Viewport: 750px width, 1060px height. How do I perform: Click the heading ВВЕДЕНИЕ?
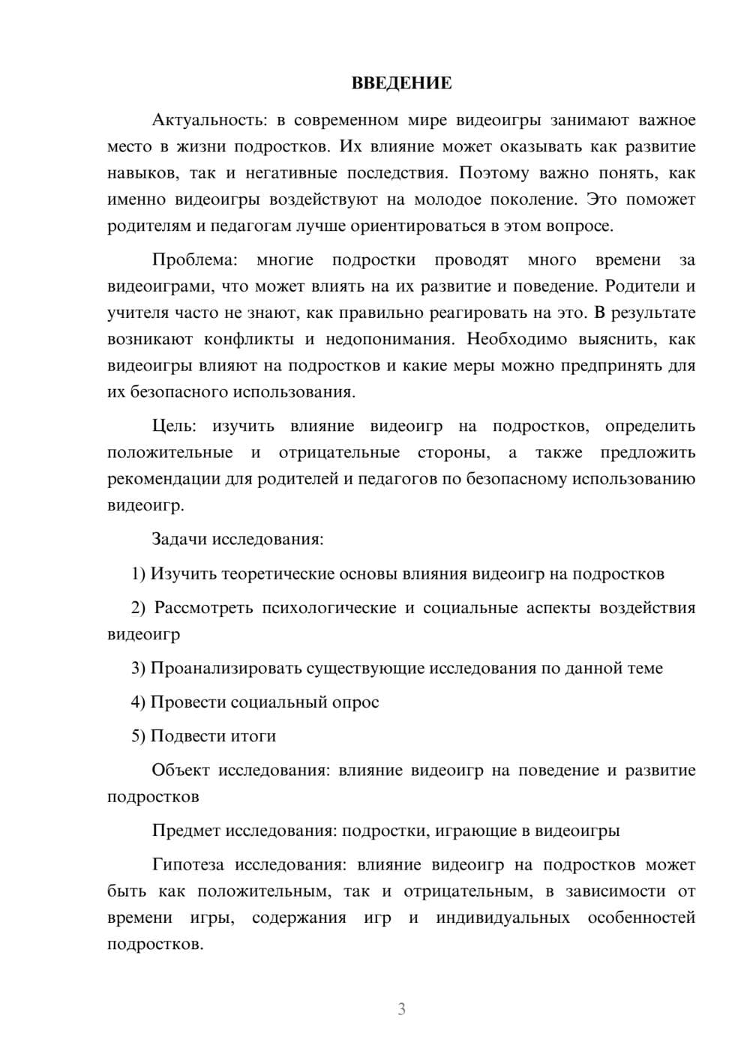[x=401, y=83]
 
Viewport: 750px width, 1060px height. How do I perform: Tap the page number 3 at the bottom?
[x=401, y=1009]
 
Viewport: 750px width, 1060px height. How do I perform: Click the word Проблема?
[x=194, y=260]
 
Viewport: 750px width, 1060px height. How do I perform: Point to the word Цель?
[x=174, y=427]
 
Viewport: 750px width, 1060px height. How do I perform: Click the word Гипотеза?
[x=187, y=865]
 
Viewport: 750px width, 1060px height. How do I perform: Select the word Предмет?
[x=186, y=831]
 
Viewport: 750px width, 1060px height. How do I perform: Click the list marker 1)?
[x=139, y=574]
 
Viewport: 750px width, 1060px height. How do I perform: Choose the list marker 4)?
[x=139, y=702]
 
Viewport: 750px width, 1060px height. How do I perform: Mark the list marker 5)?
[x=139, y=736]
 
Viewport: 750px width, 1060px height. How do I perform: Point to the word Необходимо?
[x=517, y=339]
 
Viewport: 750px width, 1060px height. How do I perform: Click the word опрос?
[x=355, y=702]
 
